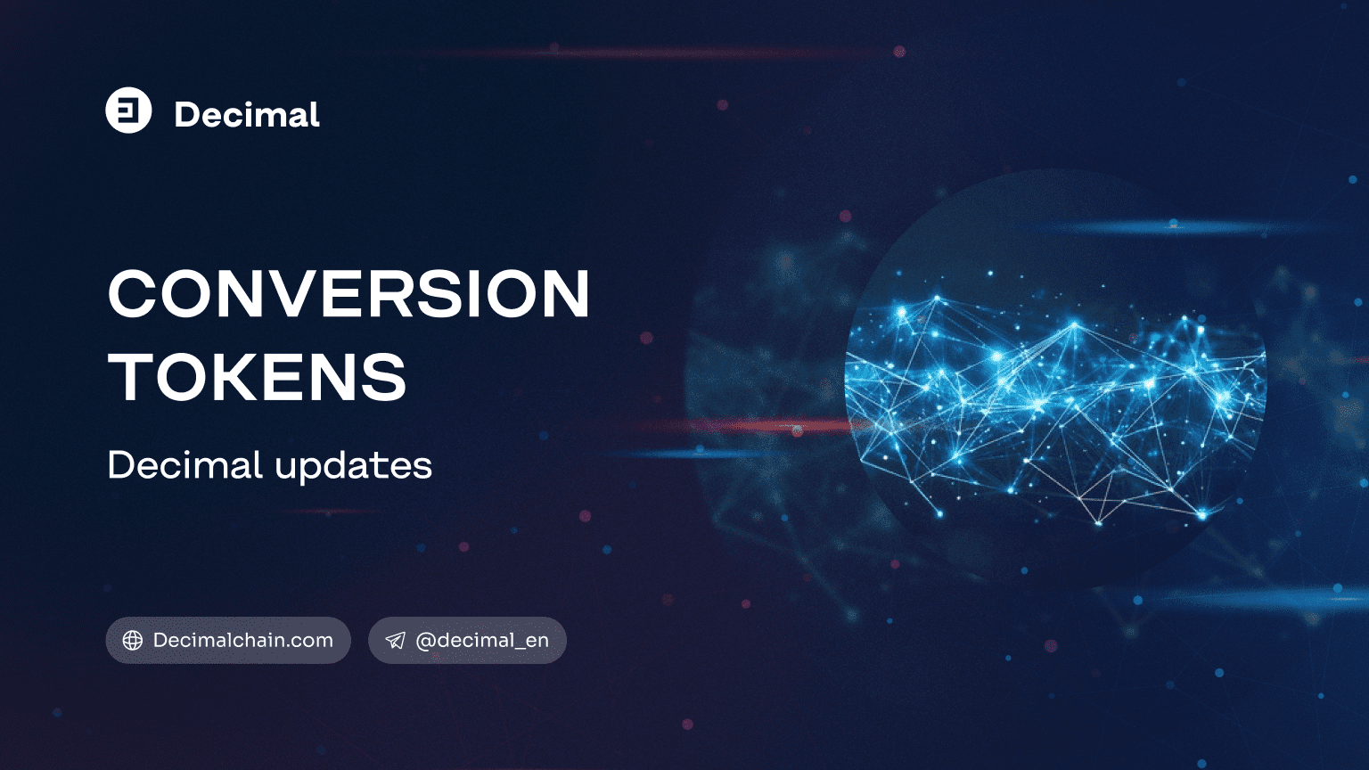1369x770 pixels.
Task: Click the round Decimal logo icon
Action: point(128,111)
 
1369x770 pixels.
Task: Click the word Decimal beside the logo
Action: point(247,115)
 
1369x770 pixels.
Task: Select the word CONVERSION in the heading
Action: point(348,294)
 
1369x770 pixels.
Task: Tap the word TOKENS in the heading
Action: point(258,377)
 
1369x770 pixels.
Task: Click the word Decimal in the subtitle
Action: point(184,465)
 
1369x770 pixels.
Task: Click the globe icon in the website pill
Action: point(133,641)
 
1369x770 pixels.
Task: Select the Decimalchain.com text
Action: point(242,640)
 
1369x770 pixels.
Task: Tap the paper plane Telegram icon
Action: point(395,641)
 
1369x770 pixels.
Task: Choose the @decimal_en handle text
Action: point(482,640)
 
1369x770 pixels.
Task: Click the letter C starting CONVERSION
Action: point(133,294)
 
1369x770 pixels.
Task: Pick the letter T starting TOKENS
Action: point(130,377)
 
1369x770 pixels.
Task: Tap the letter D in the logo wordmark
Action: point(187,115)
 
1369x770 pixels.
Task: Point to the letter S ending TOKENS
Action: point(385,377)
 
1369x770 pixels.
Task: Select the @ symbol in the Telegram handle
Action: point(425,641)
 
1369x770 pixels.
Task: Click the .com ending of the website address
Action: point(312,640)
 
